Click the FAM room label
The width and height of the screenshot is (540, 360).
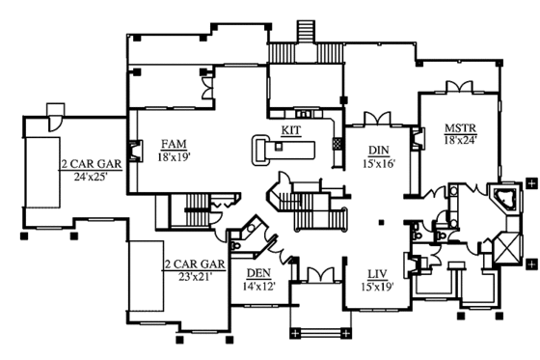point(174,143)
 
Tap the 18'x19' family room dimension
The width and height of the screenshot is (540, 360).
point(174,155)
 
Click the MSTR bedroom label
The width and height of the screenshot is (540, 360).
point(457,127)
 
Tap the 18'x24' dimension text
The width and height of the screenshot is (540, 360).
point(457,140)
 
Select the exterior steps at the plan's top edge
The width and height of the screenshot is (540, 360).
point(308,30)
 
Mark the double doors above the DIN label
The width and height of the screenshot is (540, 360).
point(379,118)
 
